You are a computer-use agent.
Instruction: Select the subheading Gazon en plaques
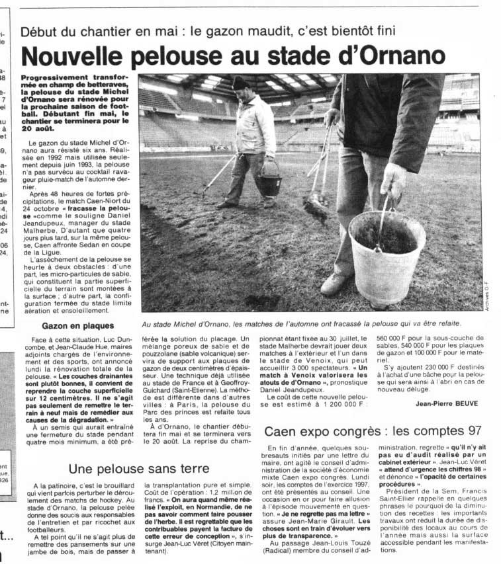pyautogui.click(x=77, y=325)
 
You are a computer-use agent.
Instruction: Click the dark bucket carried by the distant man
pyautogui.click(x=269, y=184)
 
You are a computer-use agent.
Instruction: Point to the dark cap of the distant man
pyautogui.click(x=240, y=83)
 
